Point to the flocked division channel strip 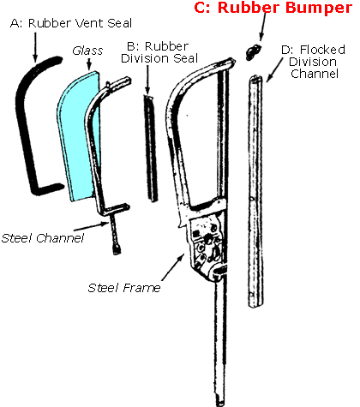(x=256, y=189)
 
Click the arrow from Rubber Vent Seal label (x=37, y=45)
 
